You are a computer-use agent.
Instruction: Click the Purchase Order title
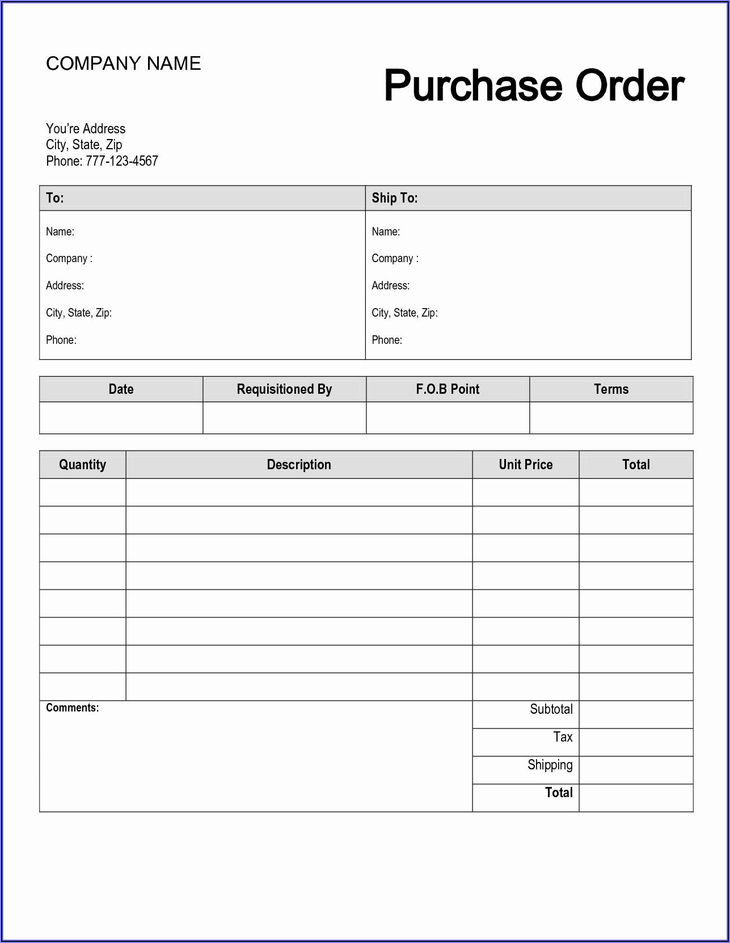534,86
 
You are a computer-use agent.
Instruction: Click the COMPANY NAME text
123,63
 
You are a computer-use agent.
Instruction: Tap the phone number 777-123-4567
121,161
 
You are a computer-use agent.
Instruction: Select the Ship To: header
395,198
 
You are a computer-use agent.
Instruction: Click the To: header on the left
55,198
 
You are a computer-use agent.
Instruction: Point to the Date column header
121,389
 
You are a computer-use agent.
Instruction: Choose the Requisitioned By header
284,389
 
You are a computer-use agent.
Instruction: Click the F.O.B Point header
448,389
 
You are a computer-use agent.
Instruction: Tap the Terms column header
611,389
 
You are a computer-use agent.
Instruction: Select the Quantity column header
83,465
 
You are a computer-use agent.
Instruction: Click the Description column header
299,465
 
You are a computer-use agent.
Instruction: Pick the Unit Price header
525,465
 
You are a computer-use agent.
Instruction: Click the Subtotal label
551,709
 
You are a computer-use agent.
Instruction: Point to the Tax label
563,737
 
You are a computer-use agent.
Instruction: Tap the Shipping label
550,765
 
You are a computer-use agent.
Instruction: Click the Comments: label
72,708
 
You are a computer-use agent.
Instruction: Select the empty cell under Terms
611,418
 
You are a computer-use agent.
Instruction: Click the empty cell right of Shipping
636,770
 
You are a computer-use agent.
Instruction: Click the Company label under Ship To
395,259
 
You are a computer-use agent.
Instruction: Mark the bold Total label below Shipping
559,793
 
